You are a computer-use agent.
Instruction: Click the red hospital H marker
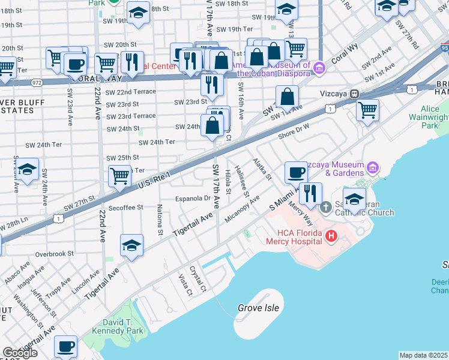pyautogui.click(x=331, y=237)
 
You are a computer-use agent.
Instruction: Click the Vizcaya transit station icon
pyautogui.click(x=355, y=94)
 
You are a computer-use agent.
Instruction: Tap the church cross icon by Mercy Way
pyautogui.click(x=326, y=207)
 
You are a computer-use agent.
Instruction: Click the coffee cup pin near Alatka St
pyautogui.click(x=296, y=173)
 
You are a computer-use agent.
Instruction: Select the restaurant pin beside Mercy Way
pyautogui.click(x=310, y=194)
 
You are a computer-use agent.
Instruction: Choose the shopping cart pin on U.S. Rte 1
pyautogui.click(x=120, y=176)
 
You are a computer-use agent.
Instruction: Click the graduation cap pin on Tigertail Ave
pyautogui.click(x=132, y=245)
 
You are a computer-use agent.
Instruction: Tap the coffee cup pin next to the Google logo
pyautogui.click(x=66, y=347)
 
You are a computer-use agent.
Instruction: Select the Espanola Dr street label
pyautogui.click(x=192, y=198)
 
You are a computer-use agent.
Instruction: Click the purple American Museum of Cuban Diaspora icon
pyautogui.click(x=319, y=67)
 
